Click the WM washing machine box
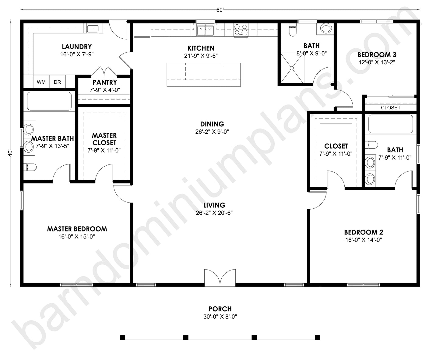click(41, 82)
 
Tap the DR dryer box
click(58, 82)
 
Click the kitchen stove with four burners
click(241, 30)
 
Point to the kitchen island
click(204, 75)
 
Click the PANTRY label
click(105, 82)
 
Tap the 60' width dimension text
click(220, 10)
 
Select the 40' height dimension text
click(11, 153)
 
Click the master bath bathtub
click(49, 101)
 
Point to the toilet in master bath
click(30, 167)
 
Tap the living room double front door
click(220, 277)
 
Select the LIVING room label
click(214, 205)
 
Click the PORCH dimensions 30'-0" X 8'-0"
click(220, 317)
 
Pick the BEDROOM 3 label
click(377, 55)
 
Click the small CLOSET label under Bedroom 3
click(391, 108)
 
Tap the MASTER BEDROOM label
click(77, 229)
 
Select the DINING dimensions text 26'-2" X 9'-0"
click(212, 132)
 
